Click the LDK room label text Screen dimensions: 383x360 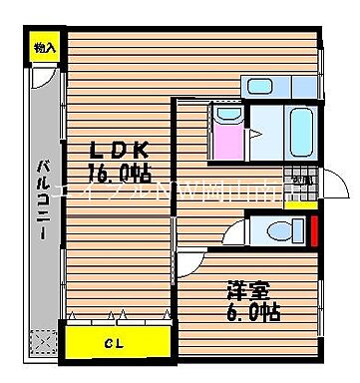click(120, 150)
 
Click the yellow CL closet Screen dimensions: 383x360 click(119, 344)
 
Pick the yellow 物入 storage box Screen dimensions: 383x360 click(45, 46)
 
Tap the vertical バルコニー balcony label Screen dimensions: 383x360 click(45, 199)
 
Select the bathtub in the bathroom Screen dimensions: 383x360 click(301, 129)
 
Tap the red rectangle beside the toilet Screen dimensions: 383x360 click(315, 228)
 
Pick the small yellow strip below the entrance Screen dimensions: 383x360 click(297, 204)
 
